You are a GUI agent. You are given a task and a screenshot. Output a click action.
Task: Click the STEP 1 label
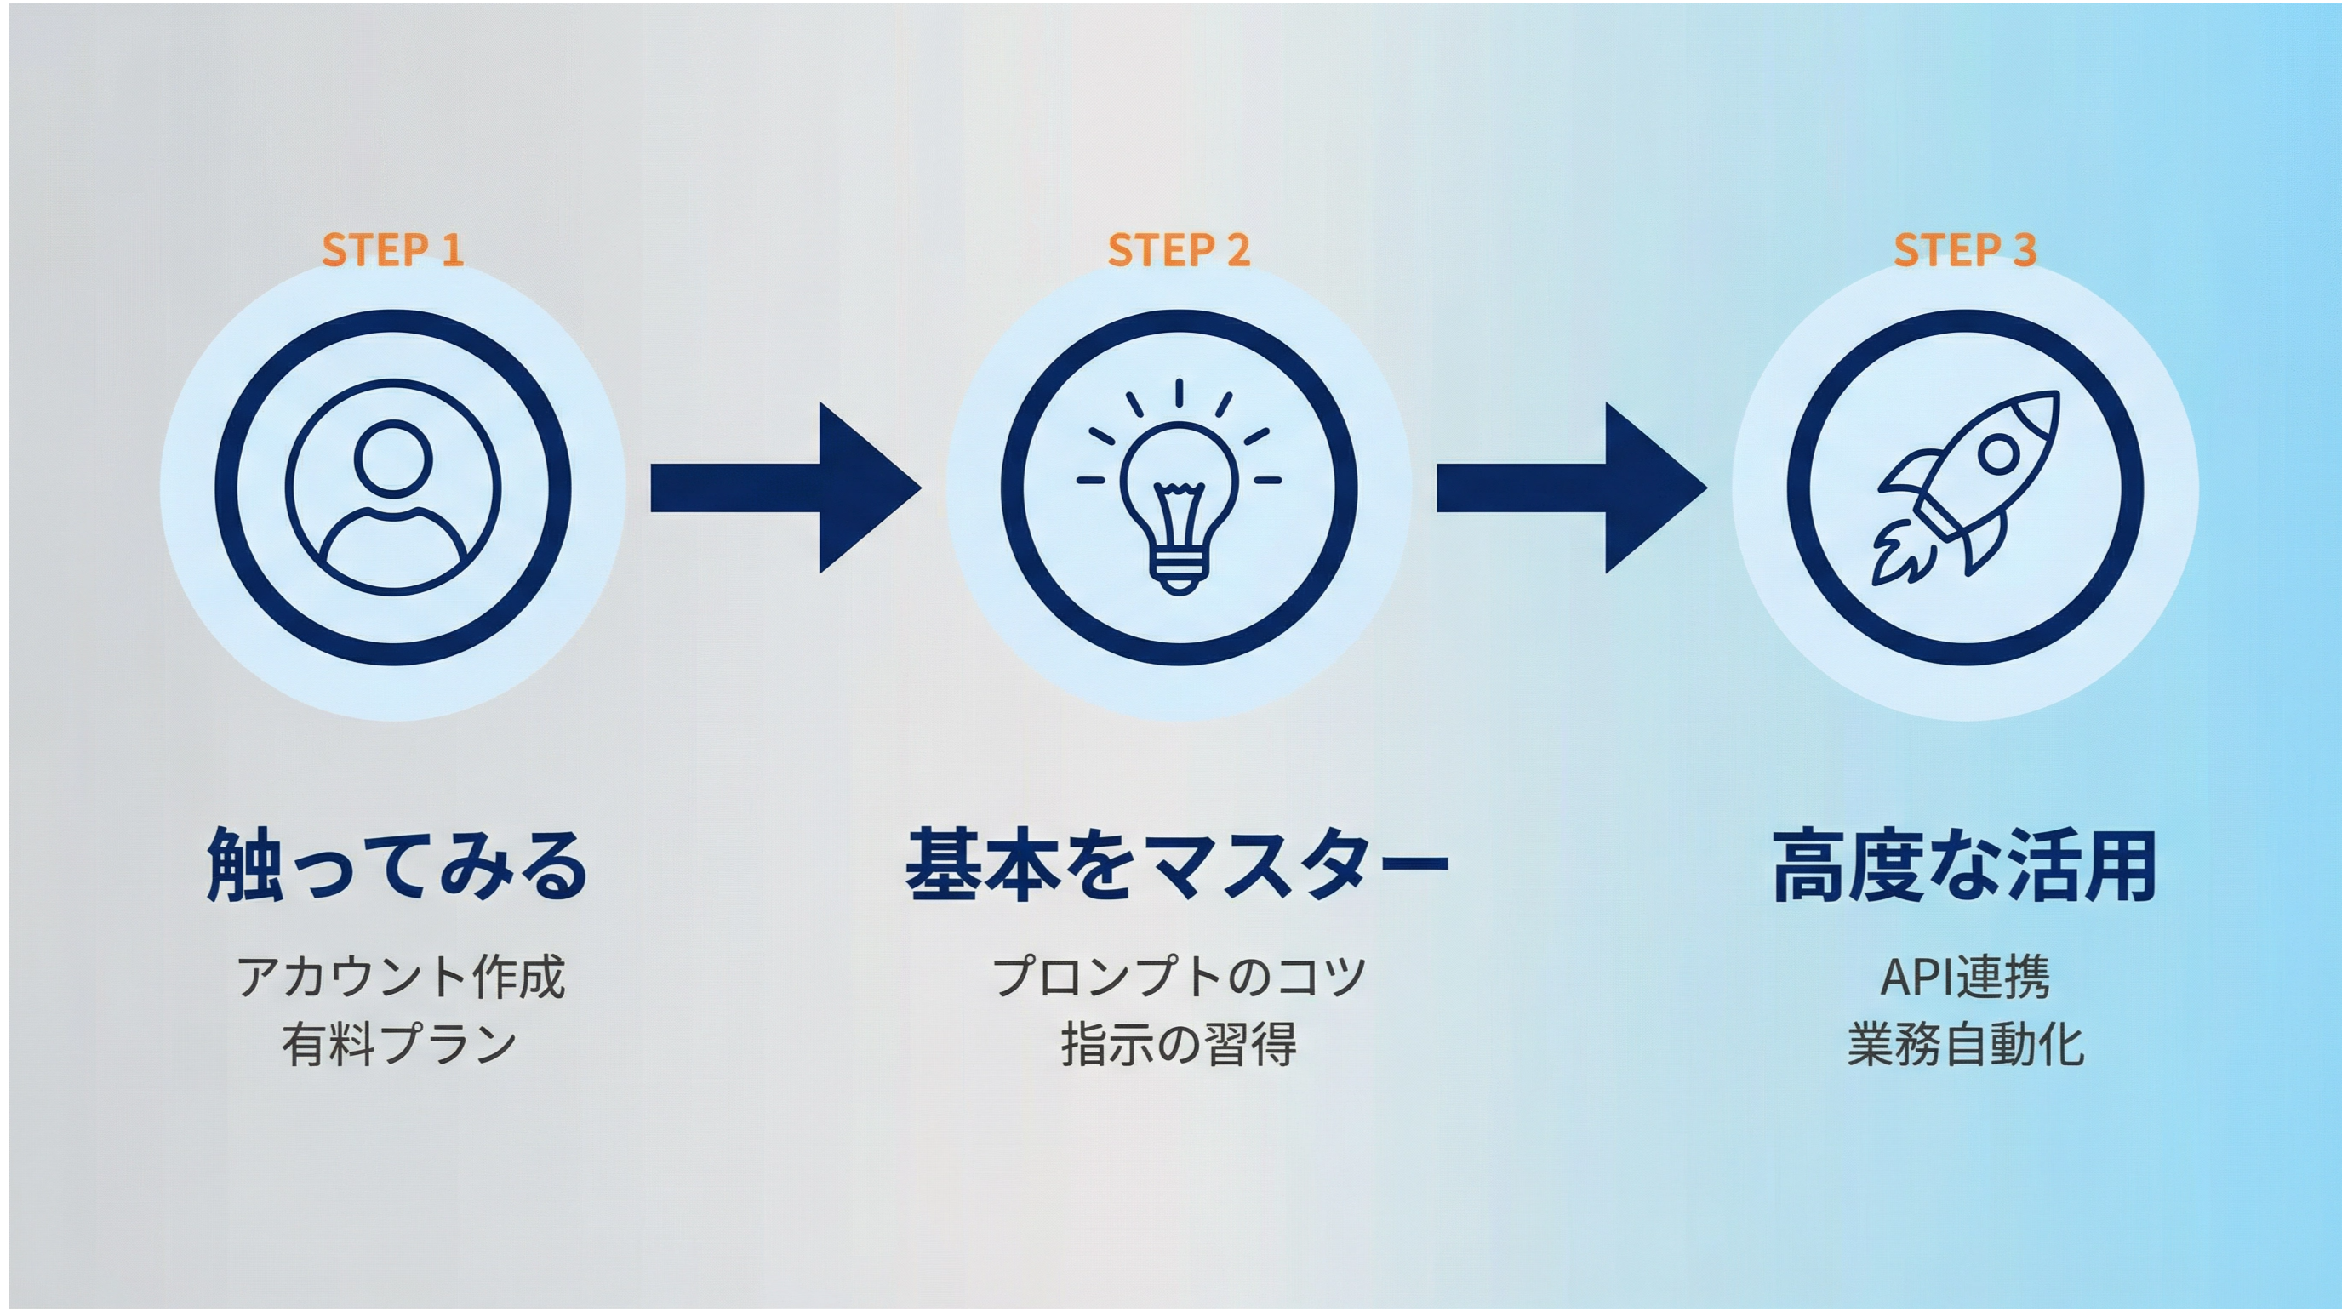pos(393,250)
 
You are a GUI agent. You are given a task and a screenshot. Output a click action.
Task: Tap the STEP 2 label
pos(1180,250)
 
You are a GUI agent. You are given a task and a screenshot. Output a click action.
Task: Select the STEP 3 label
pos(1965,250)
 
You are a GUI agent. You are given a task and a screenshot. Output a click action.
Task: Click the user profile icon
pos(393,488)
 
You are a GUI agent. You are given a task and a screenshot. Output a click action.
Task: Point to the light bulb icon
pos(1180,488)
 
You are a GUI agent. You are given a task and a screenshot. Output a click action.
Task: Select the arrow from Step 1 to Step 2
pos(786,488)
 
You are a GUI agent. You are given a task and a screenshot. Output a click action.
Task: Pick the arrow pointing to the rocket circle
pos(1572,488)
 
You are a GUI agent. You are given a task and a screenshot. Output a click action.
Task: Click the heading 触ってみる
pos(397,864)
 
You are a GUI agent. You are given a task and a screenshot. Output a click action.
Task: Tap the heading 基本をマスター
pos(1177,864)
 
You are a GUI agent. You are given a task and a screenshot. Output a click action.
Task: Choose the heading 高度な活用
pos(1965,864)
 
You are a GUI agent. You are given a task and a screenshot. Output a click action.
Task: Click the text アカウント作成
pos(401,978)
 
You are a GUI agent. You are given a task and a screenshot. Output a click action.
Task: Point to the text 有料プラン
pos(399,1045)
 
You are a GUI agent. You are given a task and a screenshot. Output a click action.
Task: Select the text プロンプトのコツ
pos(1180,978)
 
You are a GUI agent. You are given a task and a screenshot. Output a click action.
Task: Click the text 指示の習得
pos(1180,1045)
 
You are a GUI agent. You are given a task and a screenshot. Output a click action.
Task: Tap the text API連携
pos(1965,978)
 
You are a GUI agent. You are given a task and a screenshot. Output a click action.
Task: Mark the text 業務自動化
pos(1966,1045)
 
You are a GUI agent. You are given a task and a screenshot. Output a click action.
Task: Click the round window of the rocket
pos(1999,453)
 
